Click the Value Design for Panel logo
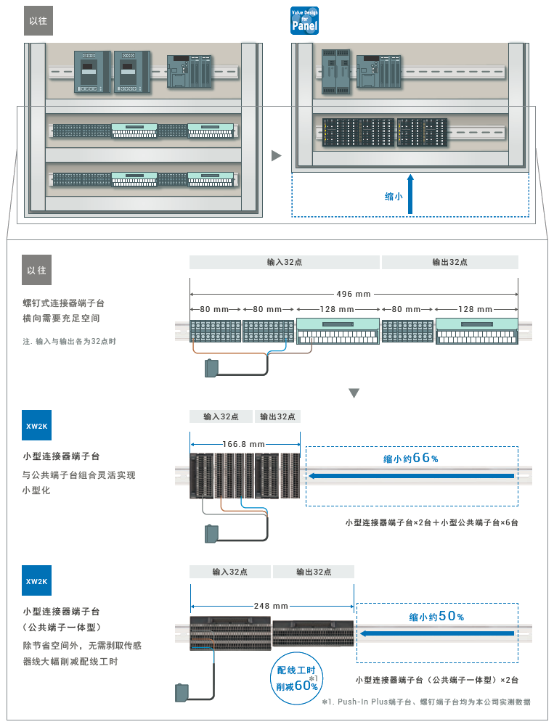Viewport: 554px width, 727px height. (304, 21)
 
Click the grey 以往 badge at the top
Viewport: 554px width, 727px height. (38, 21)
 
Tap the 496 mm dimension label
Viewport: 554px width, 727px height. (354, 294)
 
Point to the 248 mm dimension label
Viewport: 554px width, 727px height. (272, 606)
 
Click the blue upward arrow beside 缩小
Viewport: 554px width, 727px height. (410, 194)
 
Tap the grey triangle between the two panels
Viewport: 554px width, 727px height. (276, 155)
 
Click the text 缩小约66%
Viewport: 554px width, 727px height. (411, 459)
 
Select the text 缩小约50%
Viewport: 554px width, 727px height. (436, 617)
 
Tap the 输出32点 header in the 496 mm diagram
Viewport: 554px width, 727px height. (449, 263)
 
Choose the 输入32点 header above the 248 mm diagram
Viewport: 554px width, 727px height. (230, 572)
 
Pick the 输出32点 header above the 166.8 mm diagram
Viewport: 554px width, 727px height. (277, 416)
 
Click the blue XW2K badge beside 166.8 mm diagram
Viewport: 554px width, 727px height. (37, 425)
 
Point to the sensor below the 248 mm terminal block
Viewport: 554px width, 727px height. (182, 692)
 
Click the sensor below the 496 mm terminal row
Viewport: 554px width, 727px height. (212, 368)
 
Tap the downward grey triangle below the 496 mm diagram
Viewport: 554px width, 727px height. (354, 393)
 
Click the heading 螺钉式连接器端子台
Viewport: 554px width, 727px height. (68, 303)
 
